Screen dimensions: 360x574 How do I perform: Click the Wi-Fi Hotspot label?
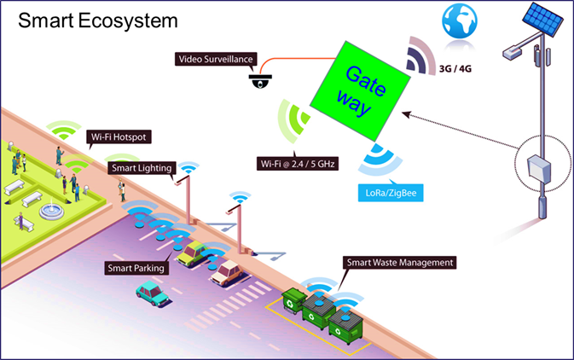pyautogui.click(x=119, y=136)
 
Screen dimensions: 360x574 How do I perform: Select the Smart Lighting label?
pyautogui.click(x=142, y=168)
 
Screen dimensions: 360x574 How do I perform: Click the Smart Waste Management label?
pyautogui.click(x=398, y=262)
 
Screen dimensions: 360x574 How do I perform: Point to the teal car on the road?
pyautogui.click(x=154, y=293)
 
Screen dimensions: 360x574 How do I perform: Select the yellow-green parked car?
pyautogui.click(x=195, y=253)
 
